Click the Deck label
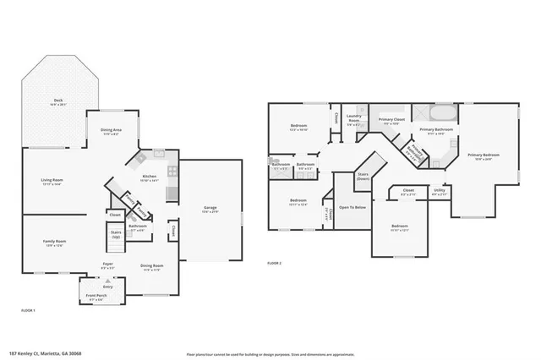click(x=58, y=101)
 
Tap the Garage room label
click(x=210, y=208)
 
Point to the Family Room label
click(x=55, y=243)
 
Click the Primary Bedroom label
click(x=484, y=156)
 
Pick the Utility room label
click(x=440, y=192)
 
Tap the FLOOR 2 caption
click(x=274, y=264)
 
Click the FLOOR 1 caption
click(x=28, y=311)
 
